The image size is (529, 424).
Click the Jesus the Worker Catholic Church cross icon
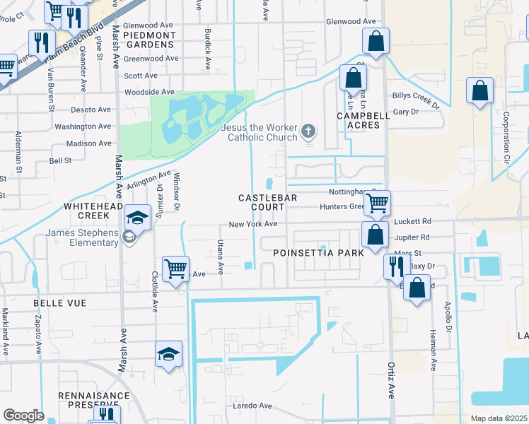[308, 130]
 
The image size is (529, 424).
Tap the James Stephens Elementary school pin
[139, 218]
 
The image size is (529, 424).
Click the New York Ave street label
[252, 225]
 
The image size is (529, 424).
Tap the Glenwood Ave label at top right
[351, 22]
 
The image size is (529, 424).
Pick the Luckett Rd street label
[412, 220]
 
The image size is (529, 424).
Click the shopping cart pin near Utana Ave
[175, 269]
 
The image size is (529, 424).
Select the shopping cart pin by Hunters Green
[378, 203]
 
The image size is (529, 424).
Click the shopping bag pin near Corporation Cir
[480, 91]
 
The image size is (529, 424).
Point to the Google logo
[23, 416]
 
